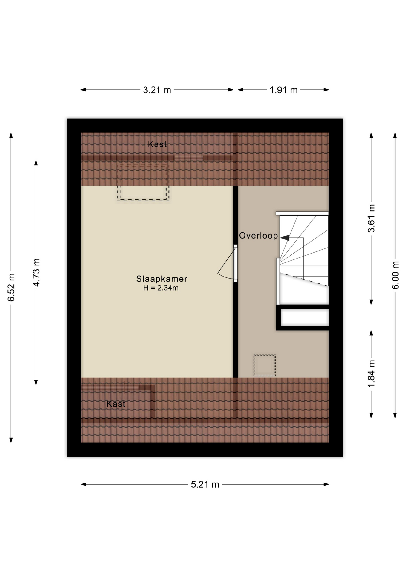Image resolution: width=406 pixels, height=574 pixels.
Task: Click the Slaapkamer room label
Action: point(161,279)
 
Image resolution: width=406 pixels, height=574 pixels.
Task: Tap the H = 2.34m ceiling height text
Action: point(161,288)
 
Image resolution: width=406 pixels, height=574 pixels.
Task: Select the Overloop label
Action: point(258,236)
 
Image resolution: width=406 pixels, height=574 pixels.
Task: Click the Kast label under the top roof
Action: point(157,144)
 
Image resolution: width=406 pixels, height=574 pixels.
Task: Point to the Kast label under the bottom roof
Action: point(116,404)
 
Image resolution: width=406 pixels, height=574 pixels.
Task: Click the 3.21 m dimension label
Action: point(157,90)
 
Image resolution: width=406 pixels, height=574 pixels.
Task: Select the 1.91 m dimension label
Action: point(283,90)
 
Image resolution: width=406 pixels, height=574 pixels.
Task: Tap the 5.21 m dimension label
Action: point(205,484)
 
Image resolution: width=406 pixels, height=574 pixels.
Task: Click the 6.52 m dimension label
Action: point(11,287)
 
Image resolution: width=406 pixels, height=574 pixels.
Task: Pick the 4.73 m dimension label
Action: point(36,272)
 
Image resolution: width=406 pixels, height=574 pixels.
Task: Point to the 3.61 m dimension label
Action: point(371,218)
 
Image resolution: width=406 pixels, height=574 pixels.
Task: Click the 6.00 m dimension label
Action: point(395,275)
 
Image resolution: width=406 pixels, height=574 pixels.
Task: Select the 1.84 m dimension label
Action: point(371,374)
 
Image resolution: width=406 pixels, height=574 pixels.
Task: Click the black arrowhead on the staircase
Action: point(285,238)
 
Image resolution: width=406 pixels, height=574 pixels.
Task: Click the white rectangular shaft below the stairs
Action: point(305,317)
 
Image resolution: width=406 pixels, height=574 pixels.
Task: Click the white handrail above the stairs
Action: point(302,213)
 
